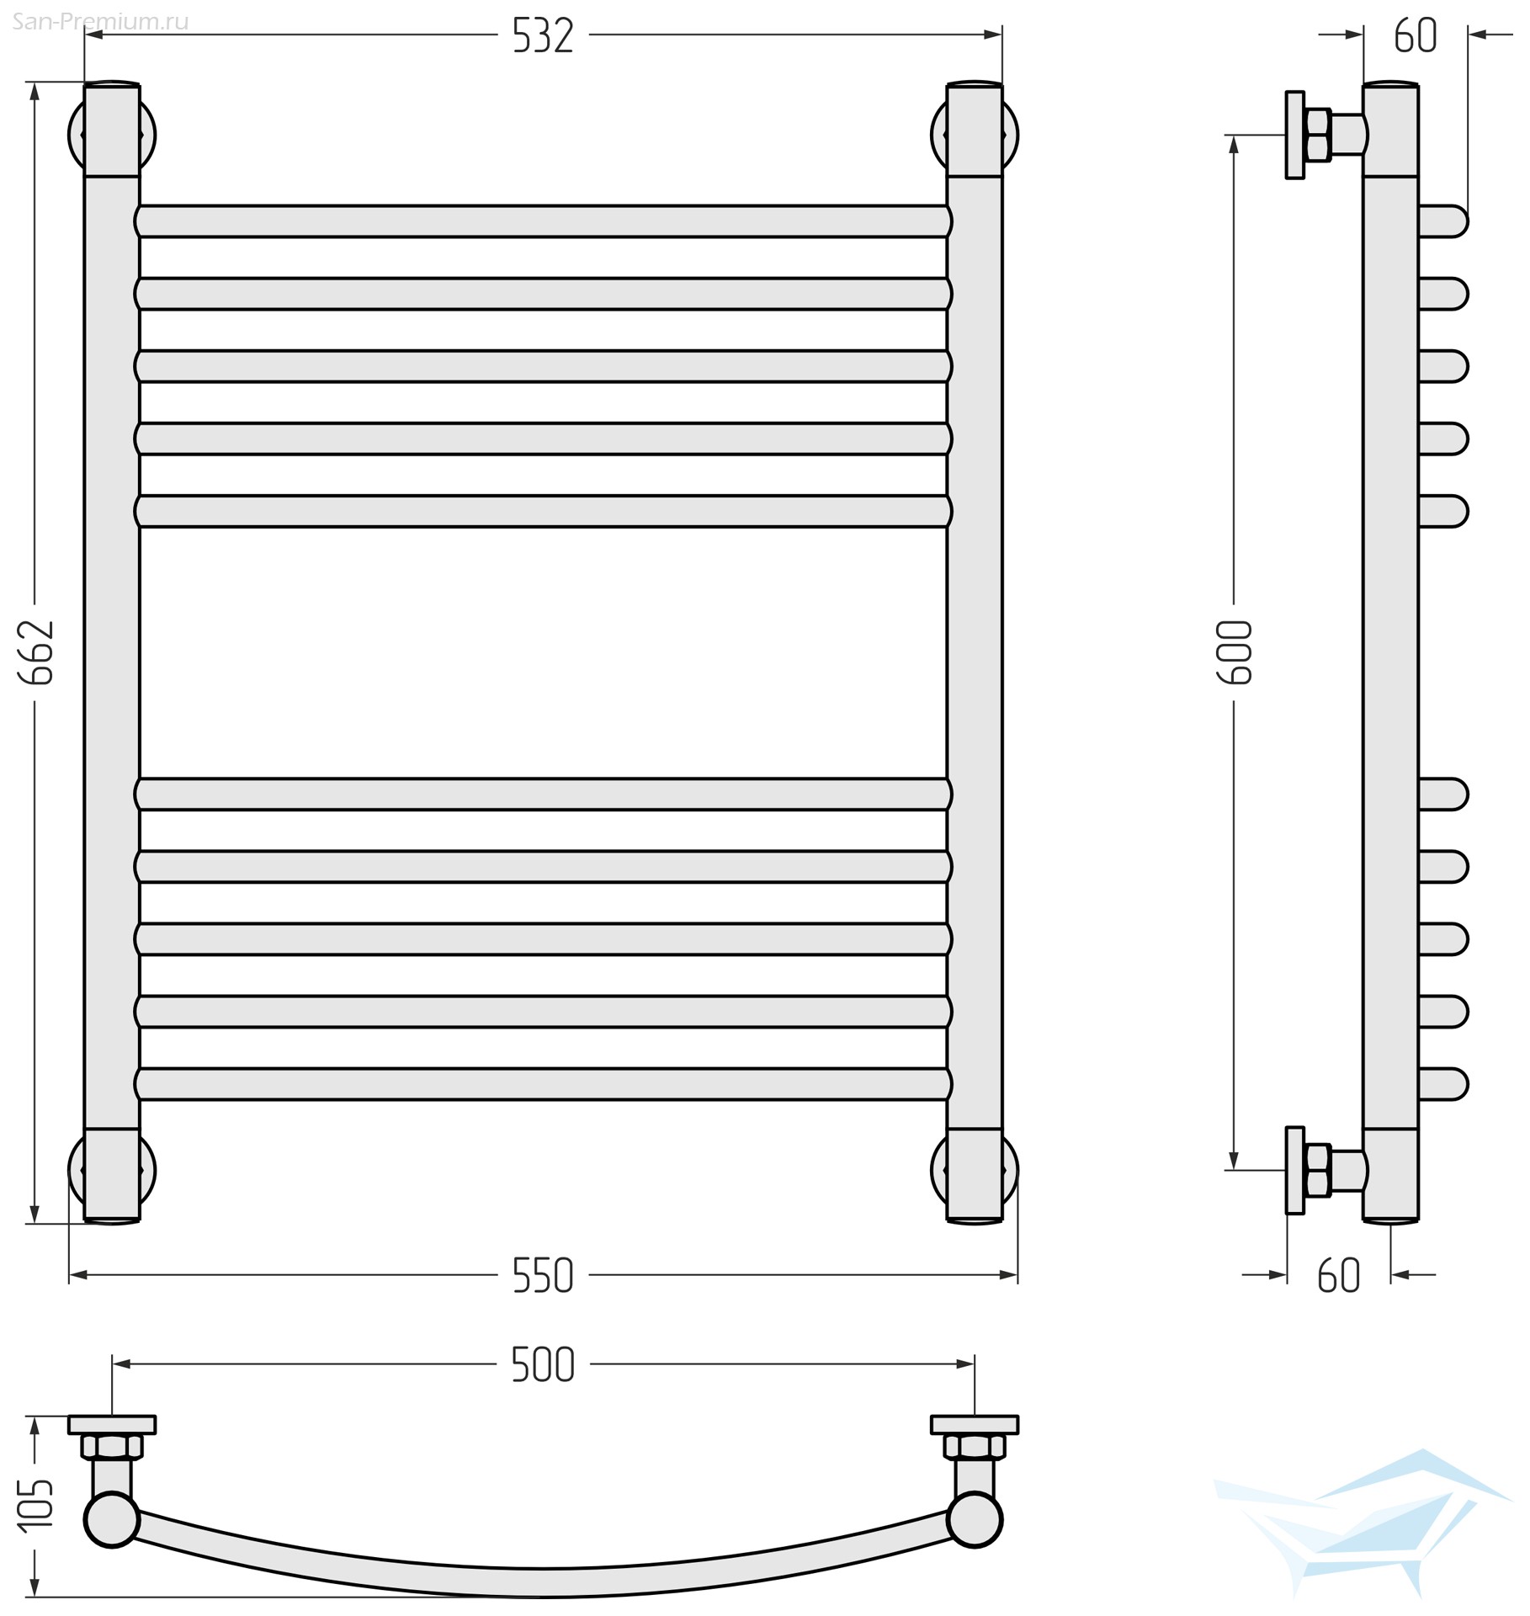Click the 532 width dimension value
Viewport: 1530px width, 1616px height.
(x=543, y=37)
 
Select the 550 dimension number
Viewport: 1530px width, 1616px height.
(x=543, y=1276)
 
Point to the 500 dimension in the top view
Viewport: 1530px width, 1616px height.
(x=543, y=1365)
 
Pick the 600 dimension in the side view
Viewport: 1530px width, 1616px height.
(x=1236, y=652)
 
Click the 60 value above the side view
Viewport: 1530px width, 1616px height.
(x=1416, y=37)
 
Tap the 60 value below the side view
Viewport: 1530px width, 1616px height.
(x=1339, y=1276)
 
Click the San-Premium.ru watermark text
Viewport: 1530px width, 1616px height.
(x=100, y=22)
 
